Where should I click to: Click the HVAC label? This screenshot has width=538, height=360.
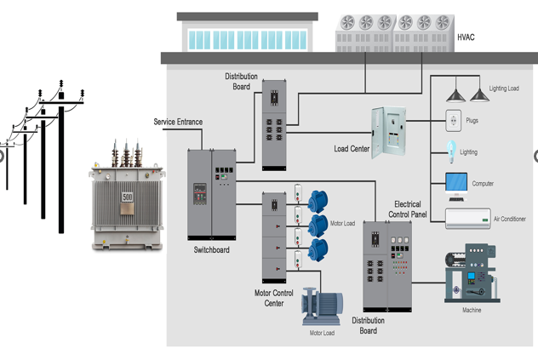click(x=466, y=37)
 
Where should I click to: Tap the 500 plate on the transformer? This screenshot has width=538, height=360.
click(x=127, y=197)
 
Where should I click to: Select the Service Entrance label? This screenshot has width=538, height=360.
click(x=178, y=122)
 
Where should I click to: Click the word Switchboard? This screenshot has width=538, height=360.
click(x=211, y=249)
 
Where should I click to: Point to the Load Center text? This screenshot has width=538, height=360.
click(x=352, y=149)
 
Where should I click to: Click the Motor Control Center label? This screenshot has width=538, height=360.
click(x=274, y=298)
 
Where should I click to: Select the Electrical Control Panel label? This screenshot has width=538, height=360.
click(x=408, y=209)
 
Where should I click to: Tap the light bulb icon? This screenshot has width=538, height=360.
click(x=451, y=151)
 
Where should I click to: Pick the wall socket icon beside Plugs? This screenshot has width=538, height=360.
click(x=453, y=120)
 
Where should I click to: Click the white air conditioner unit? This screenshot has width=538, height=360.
click(x=467, y=219)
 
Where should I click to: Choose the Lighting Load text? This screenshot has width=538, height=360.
click(x=504, y=89)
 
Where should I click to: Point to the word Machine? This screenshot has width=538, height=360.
click(x=472, y=310)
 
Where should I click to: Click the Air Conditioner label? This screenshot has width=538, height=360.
click(x=510, y=219)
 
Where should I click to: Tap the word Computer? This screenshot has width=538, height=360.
click(x=483, y=184)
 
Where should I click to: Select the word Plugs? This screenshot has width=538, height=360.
click(x=472, y=120)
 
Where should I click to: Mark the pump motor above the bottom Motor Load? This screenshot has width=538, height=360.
click(x=323, y=308)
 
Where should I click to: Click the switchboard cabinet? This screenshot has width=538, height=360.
click(x=211, y=194)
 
